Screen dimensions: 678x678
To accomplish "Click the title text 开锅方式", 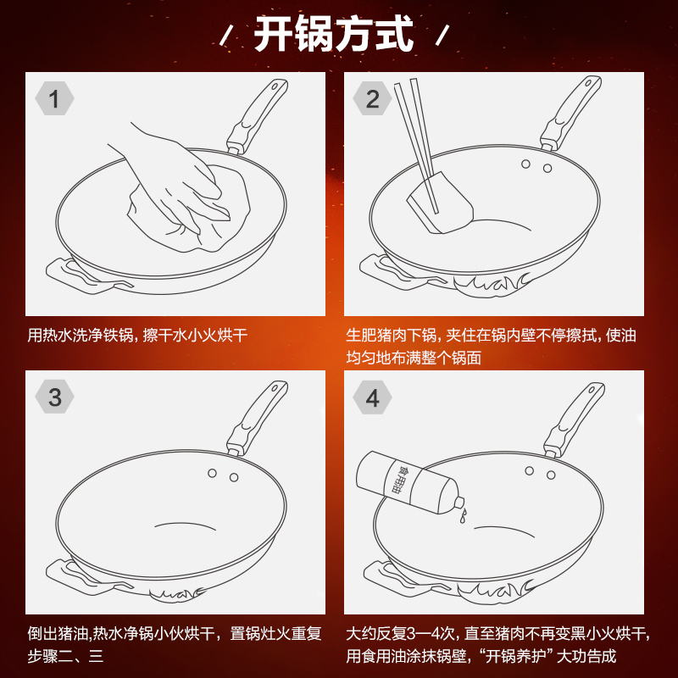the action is click(333, 34).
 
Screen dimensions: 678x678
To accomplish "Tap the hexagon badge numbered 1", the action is click(54, 98).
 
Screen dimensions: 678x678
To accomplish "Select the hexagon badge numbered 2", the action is click(372, 98).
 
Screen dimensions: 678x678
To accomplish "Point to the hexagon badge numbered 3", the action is click(54, 397).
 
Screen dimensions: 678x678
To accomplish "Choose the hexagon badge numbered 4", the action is click(372, 397).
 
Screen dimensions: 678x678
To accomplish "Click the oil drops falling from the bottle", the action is click(463, 515).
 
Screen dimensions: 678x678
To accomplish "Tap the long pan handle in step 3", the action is click(258, 417).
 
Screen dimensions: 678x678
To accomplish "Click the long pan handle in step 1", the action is click(258, 116).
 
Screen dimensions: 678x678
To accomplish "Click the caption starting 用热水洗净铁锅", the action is click(137, 335).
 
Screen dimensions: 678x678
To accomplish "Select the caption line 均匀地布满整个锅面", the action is click(414, 358).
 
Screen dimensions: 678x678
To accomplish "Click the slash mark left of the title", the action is click(226, 36).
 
